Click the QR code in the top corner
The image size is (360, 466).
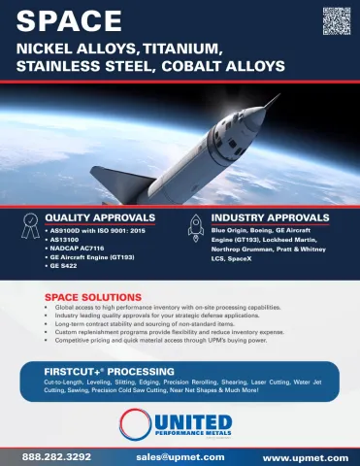(335, 19)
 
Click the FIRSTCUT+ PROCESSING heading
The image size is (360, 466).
(109, 372)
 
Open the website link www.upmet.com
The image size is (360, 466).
(305, 455)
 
